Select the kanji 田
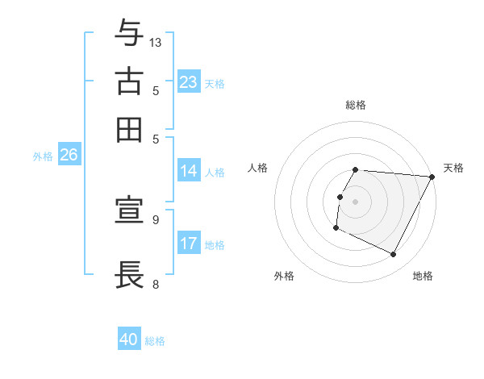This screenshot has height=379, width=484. point(129,129)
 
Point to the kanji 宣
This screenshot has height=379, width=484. point(129,211)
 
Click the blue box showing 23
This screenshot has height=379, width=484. point(189,82)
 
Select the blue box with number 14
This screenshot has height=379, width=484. point(189,171)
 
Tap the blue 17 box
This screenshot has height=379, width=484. point(189,244)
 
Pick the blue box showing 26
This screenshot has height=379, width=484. point(69,156)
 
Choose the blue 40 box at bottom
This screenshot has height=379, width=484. point(129,339)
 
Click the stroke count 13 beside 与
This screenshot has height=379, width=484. point(156,42)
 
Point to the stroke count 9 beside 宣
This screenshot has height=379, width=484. point(156,219)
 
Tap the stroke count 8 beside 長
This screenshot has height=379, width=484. point(156,284)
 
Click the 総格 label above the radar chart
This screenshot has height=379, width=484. point(356,105)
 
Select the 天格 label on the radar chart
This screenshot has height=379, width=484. point(453,168)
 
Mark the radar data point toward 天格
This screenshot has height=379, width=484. point(432,177)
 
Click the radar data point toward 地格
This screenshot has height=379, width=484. point(394,255)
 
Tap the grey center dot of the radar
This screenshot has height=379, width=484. point(356,202)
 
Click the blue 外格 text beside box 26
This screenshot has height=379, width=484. point(42,156)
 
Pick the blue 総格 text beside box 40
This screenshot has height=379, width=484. point(155,341)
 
